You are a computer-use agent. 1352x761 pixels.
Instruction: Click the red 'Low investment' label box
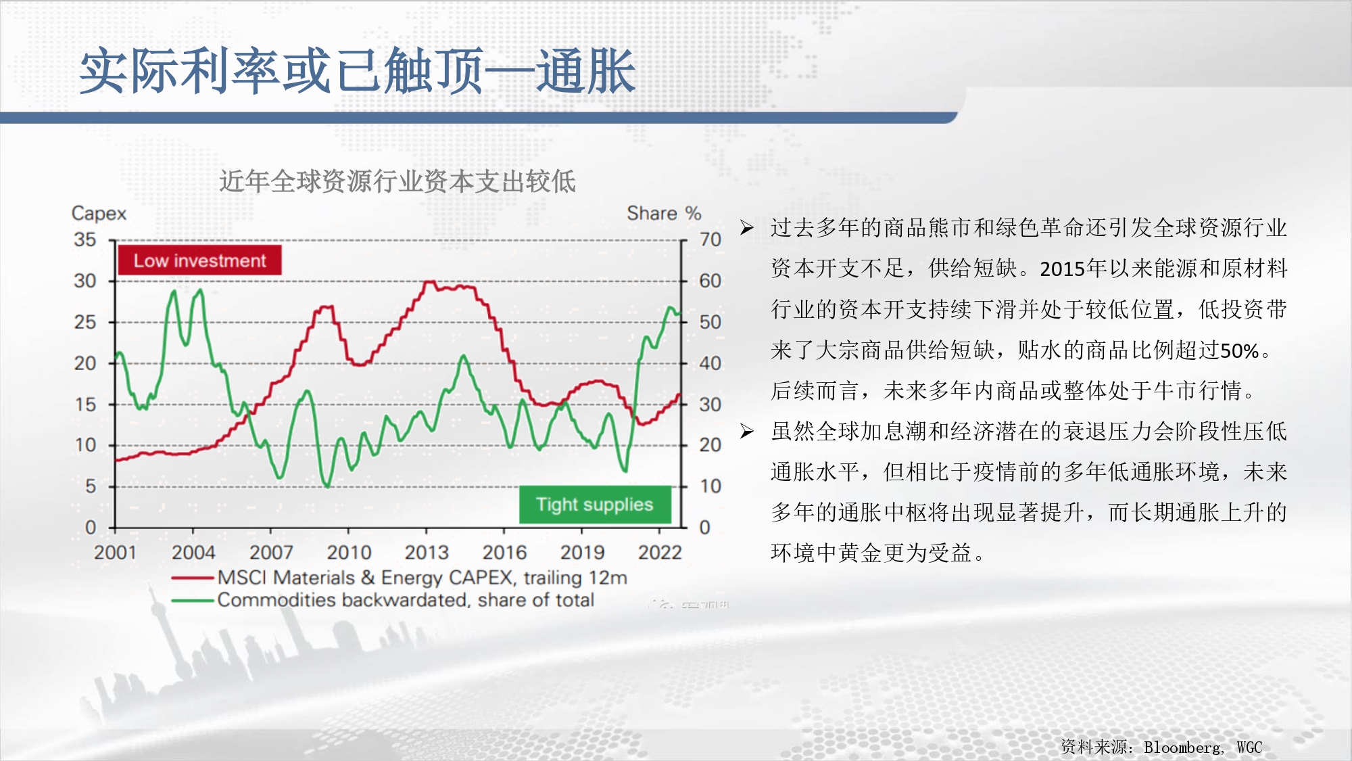pyautogui.click(x=199, y=260)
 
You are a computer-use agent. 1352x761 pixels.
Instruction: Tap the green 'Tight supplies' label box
pyautogui.click(x=595, y=504)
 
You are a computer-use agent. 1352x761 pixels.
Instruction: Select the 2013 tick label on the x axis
pyautogui.click(x=427, y=553)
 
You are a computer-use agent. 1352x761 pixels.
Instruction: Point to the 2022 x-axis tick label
pyautogui.click(x=660, y=553)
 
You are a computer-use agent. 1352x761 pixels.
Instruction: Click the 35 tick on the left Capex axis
pyautogui.click(x=85, y=239)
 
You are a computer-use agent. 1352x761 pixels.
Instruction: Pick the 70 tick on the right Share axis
pyautogui.click(x=710, y=239)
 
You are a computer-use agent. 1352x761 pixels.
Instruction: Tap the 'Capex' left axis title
pyautogui.click(x=99, y=214)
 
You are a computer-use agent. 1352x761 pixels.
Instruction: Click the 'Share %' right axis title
pyautogui.click(x=664, y=213)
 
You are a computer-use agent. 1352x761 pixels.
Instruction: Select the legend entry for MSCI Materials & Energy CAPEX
pyautogui.click(x=400, y=578)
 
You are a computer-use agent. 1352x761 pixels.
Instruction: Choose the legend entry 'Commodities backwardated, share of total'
pyautogui.click(x=383, y=600)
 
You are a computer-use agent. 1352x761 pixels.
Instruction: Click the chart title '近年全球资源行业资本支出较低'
pyautogui.click(x=397, y=181)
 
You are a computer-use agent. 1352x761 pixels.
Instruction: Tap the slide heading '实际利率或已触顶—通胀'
pyautogui.click(x=358, y=71)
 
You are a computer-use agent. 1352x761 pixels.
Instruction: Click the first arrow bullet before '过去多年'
pyautogui.click(x=746, y=228)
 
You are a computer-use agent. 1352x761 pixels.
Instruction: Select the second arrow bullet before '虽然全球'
pyautogui.click(x=746, y=431)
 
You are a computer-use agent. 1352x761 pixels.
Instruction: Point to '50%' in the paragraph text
pyautogui.click(x=1239, y=350)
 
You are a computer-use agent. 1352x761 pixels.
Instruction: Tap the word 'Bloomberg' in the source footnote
pyautogui.click(x=1182, y=747)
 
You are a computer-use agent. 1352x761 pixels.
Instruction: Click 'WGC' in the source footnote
pyautogui.click(x=1249, y=747)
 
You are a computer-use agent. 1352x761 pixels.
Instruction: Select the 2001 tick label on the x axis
pyautogui.click(x=115, y=553)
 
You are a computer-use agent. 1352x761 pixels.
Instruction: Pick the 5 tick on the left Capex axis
pyautogui.click(x=91, y=486)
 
